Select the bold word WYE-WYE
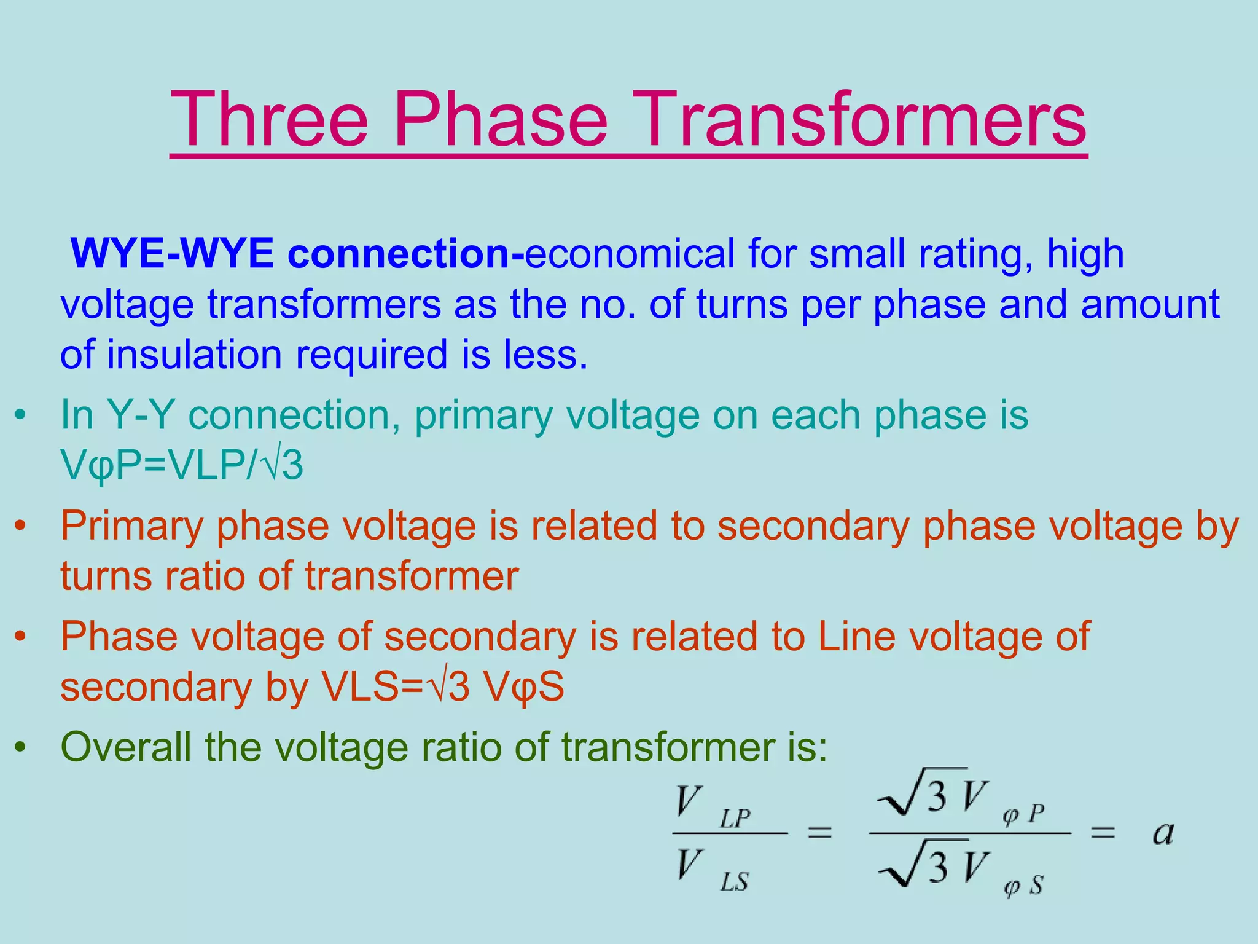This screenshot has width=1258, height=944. (x=173, y=253)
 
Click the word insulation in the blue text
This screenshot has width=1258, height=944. (x=194, y=355)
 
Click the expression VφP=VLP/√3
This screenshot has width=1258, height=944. (x=182, y=465)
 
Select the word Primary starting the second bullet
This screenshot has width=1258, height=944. (x=132, y=527)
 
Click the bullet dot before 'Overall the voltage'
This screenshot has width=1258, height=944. (x=21, y=748)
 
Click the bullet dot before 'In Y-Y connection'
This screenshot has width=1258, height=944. (x=21, y=416)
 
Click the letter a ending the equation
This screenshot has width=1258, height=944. (x=1163, y=833)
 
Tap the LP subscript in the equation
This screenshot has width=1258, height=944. (x=735, y=819)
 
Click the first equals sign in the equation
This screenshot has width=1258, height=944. (x=819, y=833)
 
